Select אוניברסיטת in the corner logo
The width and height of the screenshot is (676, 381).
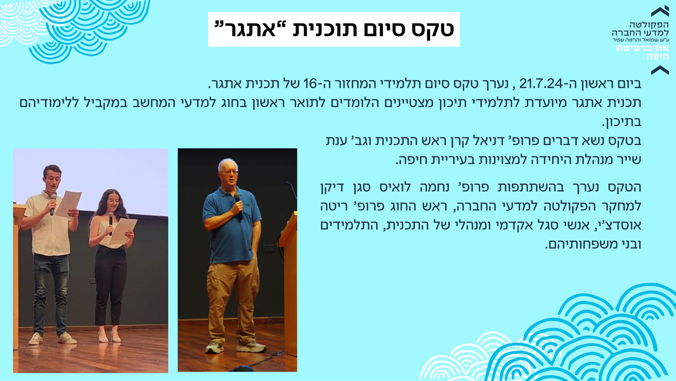[643, 48]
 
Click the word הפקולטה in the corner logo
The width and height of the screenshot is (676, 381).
[649, 25]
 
